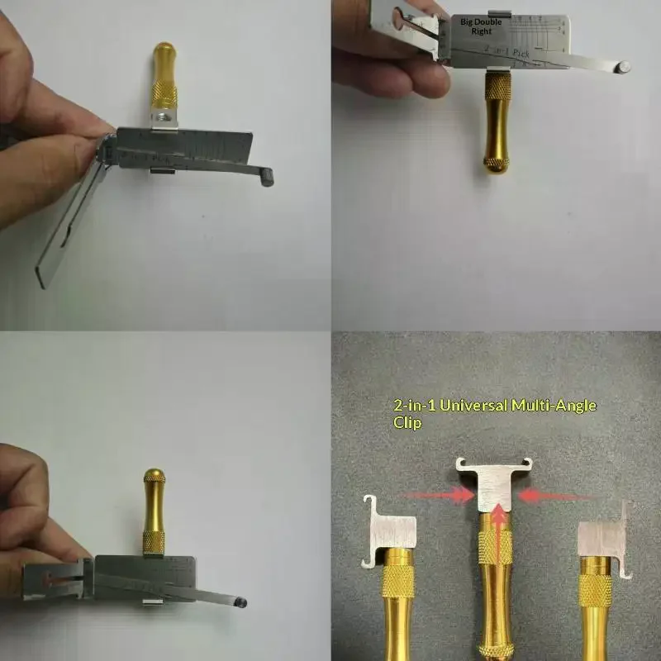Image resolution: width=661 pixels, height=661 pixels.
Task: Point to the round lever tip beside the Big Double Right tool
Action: [x=625, y=65]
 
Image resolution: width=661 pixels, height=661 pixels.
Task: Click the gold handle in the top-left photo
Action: [x=163, y=83]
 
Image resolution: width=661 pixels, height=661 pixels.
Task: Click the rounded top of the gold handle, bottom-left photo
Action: [x=154, y=478]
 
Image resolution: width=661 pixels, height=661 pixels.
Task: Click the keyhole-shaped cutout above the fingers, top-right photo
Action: [x=399, y=16]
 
